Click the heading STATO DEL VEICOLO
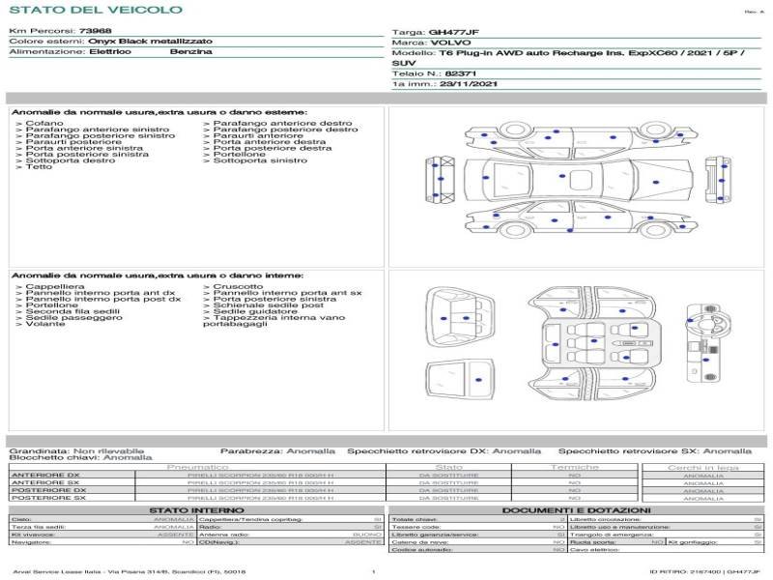(95, 10)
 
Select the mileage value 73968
(95, 32)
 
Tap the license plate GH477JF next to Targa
(452, 32)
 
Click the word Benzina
(190, 52)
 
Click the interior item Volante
(45, 323)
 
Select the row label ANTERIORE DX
(45, 476)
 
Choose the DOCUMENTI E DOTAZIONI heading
(576, 510)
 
